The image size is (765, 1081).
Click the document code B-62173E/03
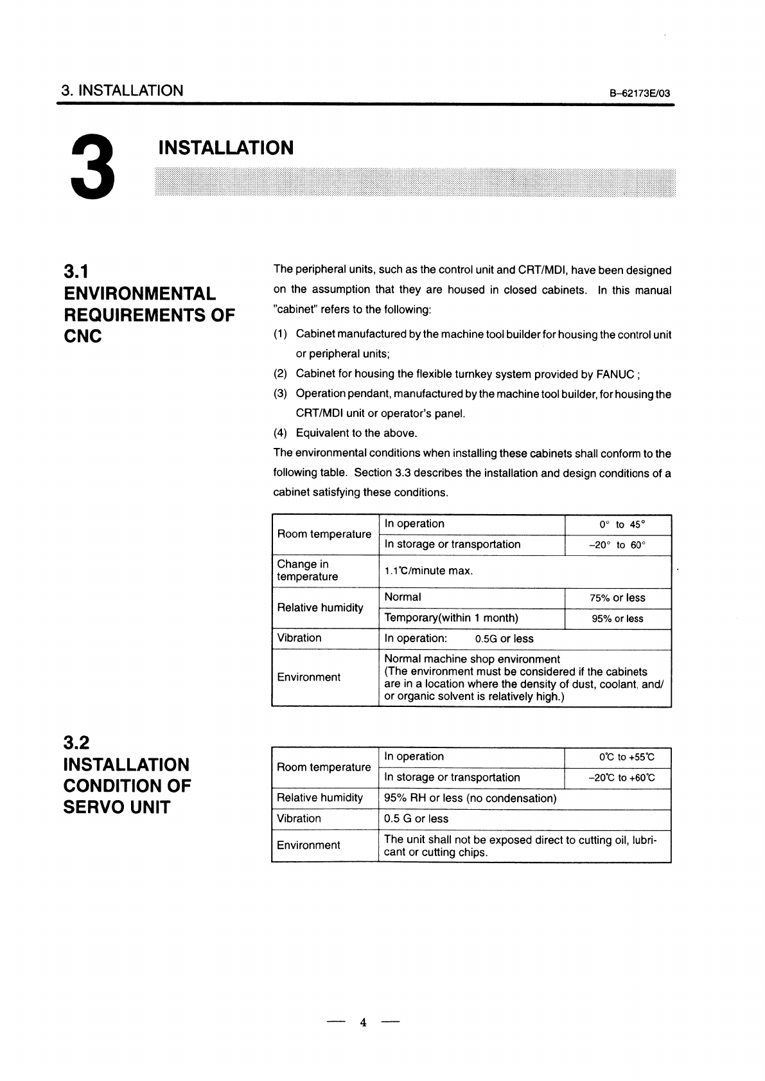tap(639, 94)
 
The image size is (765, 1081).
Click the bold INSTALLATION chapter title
tap(225, 148)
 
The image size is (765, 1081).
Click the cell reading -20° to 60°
tap(617, 545)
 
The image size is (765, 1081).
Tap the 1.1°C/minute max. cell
tap(428, 571)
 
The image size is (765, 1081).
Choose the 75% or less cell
tap(617, 598)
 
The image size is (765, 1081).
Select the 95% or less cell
tap(617, 619)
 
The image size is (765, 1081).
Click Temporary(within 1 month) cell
tap(451, 618)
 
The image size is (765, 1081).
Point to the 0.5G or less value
tap(504, 639)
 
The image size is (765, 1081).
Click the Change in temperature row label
tap(307, 571)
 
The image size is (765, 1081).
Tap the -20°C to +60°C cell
tap(621, 778)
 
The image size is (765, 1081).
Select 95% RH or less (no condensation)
tap(470, 799)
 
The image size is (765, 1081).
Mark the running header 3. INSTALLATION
tap(122, 91)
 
